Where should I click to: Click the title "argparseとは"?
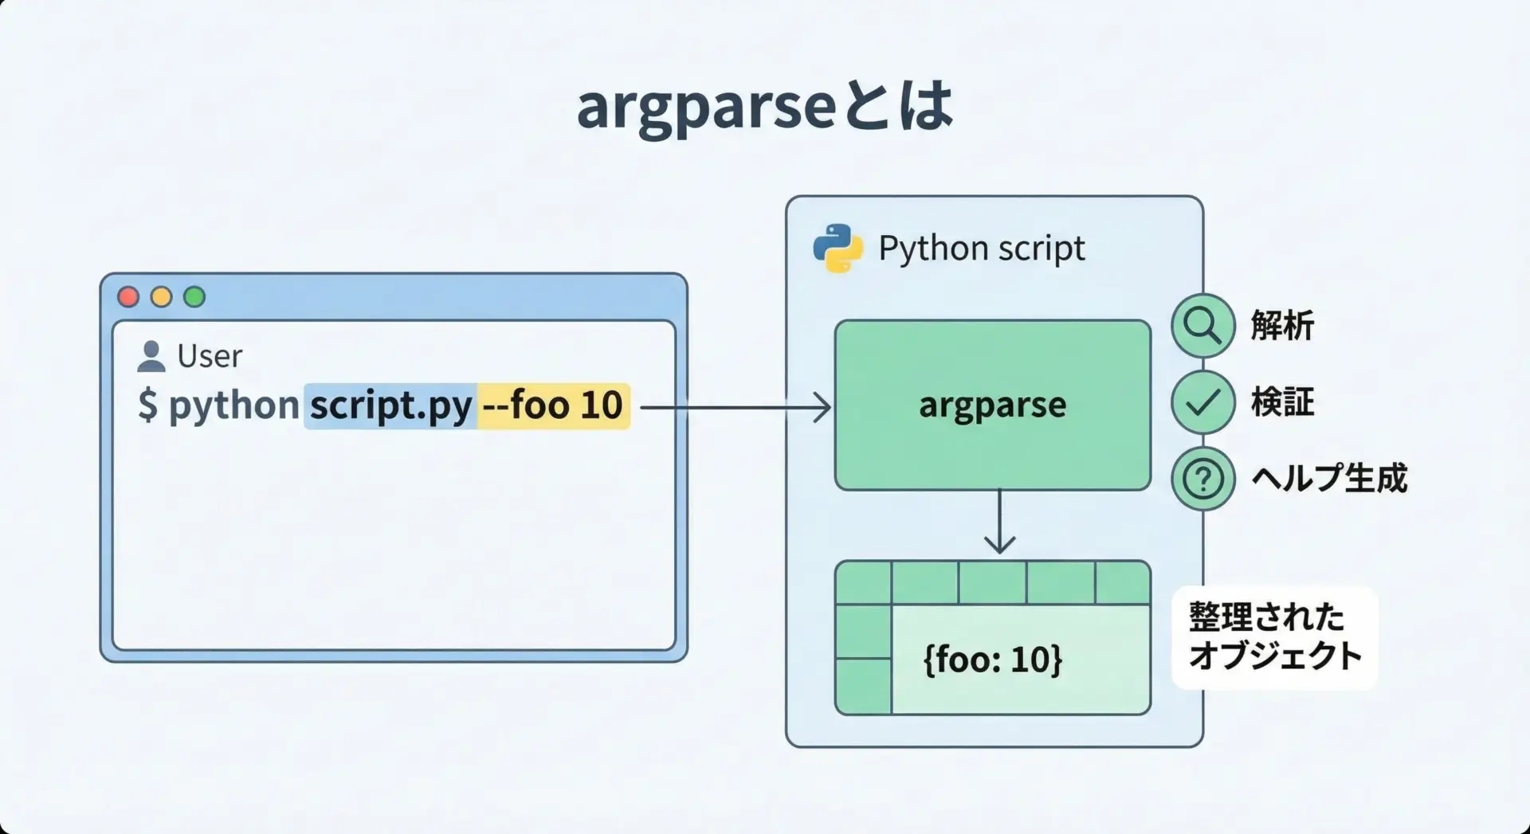[764, 106]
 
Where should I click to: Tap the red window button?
[128, 297]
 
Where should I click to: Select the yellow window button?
[162, 297]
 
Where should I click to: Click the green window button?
[194, 297]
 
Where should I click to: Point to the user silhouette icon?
[151, 357]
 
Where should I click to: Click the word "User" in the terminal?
[210, 356]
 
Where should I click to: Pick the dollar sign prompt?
[147, 405]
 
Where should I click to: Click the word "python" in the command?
[233, 405]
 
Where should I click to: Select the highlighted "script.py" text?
[390, 406]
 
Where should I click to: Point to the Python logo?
[838, 249]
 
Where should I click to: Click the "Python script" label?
[981, 249]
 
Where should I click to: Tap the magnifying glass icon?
[1202, 325]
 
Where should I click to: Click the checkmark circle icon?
[1202, 402]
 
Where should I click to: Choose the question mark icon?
[1202, 479]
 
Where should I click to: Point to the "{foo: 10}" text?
[993, 660]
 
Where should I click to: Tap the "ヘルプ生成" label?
[1329, 479]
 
